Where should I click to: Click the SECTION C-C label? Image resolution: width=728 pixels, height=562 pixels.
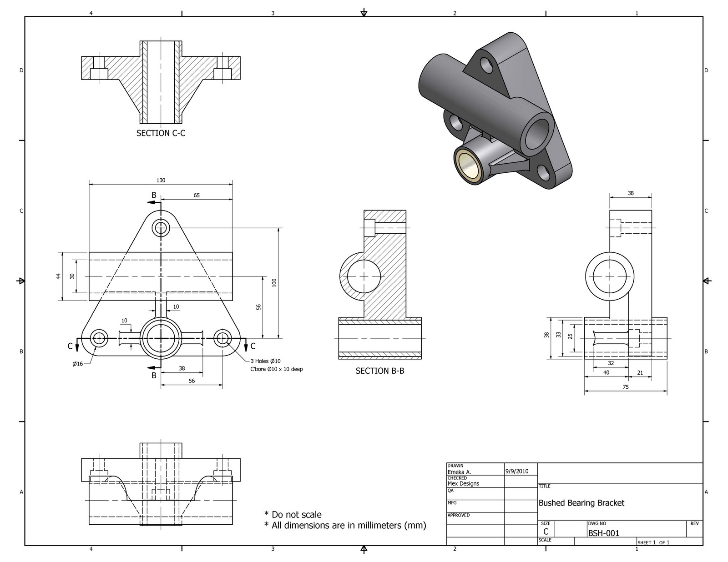pyautogui.click(x=161, y=133)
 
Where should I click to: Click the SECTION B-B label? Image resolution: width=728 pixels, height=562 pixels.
pyautogui.click(x=379, y=371)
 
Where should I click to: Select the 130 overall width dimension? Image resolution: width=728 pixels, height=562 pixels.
pyautogui.click(x=161, y=180)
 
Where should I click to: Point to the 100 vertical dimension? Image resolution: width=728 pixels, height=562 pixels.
pyautogui.click(x=274, y=283)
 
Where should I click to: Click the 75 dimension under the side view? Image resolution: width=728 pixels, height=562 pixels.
pyautogui.click(x=626, y=387)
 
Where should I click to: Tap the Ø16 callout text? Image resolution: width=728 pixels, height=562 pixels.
pyautogui.click(x=77, y=364)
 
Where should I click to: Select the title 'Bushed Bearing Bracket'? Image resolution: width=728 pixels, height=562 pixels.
pyautogui.click(x=581, y=503)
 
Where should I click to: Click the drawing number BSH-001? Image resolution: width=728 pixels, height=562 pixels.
pyautogui.click(x=603, y=533)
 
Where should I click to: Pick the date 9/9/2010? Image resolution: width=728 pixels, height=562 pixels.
pyautogui.click(x=517, y=471)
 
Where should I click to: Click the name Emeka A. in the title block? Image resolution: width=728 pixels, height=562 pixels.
pyautogui.click(x=459, y=472)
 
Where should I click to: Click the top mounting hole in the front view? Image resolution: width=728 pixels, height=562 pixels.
pyautogui.click(x=161, y=227)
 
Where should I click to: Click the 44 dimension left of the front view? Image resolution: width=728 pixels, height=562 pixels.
pyautogui.click(x=59, y=276)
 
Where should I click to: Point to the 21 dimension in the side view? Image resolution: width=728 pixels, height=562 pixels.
pyautogui.click(x=640, y=373)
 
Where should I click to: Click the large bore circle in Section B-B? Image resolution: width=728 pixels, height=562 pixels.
pyautogui.click(x=364, y=276)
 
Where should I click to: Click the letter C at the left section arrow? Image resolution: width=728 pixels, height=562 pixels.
pyautogui.click(x=70, y=346)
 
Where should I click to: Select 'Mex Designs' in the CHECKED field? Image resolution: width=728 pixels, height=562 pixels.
pyautogui.click(x=463, y=483)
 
